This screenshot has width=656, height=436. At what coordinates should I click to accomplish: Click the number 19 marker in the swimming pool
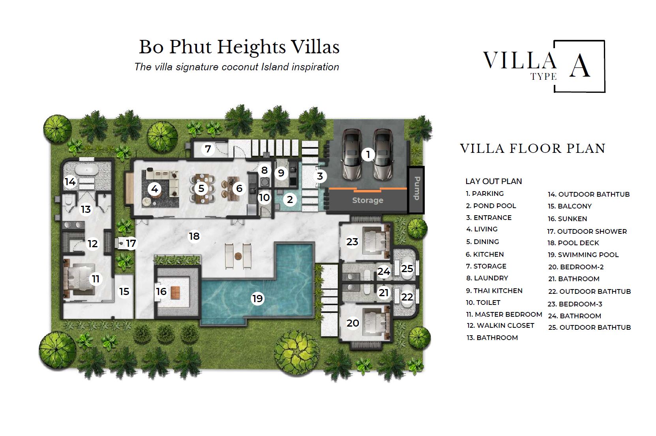(257, 299)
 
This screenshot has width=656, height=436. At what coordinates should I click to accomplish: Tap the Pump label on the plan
(416, 188)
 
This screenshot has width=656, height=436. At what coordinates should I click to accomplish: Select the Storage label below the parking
(367, 200)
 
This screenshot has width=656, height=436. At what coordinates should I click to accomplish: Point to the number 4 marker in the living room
(154, 189)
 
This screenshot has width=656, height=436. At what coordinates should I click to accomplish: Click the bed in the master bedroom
(80, 279)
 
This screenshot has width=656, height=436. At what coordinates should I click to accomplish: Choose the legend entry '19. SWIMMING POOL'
(583, 255)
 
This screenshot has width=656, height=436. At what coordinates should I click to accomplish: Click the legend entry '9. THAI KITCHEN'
(494, 291)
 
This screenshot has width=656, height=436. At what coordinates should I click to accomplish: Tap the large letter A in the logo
(579, 66)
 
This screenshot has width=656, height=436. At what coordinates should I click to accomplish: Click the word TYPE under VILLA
(543, 77)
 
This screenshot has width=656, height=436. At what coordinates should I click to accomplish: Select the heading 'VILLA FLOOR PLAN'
(533, 148)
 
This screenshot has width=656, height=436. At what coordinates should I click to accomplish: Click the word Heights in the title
(251, 47)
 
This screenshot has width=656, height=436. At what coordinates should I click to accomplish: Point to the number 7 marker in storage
(208, 149)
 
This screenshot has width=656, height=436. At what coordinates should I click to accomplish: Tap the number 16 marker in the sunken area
(161, 291)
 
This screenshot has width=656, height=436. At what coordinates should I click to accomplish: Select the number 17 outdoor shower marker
(131, 243)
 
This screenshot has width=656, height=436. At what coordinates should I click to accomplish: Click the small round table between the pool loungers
(238, 256)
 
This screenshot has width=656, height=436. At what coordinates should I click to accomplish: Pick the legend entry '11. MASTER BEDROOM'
(504, 314)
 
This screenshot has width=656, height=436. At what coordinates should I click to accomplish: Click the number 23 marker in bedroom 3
(352, 242)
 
